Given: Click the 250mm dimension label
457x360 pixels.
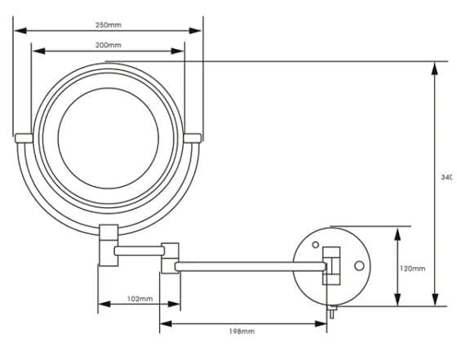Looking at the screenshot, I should (x=108, y=24).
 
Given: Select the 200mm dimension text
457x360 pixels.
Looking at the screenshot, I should (x=108, y=45).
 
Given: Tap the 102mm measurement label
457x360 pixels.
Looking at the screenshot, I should (x=140, y=299).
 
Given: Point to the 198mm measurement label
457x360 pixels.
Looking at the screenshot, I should (x=242, y=331).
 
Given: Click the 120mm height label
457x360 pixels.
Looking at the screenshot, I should (x=413, y=268).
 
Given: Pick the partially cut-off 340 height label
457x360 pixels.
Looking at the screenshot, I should (x=446, y=177).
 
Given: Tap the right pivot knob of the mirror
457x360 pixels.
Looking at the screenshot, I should (x=193, y=138).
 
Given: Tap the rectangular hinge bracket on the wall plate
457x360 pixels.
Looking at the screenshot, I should (x=331, y=264).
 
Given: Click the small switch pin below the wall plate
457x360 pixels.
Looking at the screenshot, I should (x=333, y=311).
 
